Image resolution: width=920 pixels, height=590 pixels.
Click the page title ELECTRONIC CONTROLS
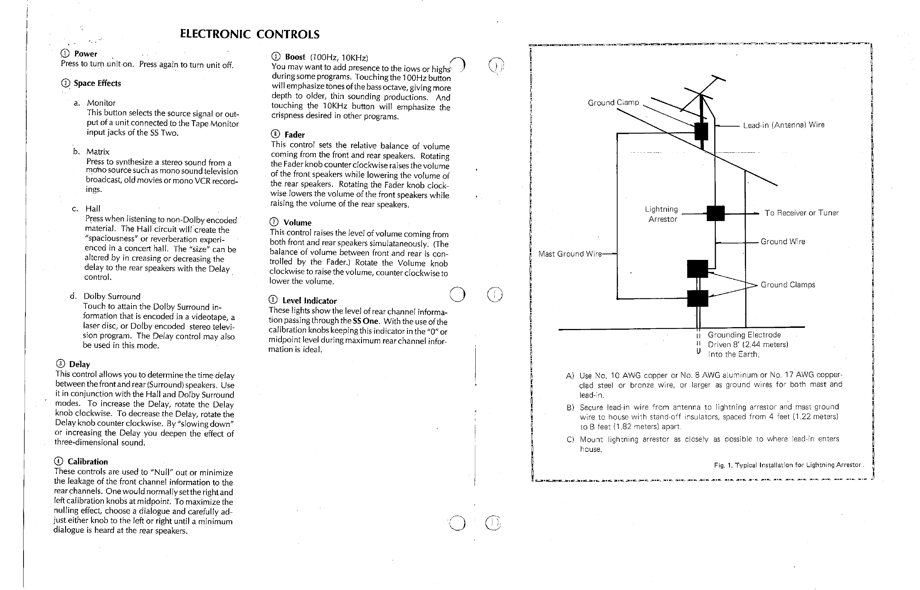pyautogui.click(x=250, y=34)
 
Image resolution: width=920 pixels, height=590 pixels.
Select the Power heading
pyautogui.click(x=86, y=54)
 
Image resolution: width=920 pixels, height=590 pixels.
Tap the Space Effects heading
pyautogui.click(x=97, y=84)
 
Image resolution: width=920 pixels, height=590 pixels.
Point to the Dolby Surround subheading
pyautogui.click(x=112, y=296)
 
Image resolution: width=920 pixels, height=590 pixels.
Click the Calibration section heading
pyautogui.click(x=88, y=462)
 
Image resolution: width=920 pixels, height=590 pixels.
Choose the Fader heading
pyautogui.click(x=295, y=135)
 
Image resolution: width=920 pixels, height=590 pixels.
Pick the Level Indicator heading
pyautogui.click(x=310, y=301)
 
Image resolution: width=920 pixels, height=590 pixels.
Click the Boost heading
pyautogui.click(x=295, y=58)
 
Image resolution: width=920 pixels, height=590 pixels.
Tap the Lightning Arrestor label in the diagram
pyautogui.click(x=662, y=214)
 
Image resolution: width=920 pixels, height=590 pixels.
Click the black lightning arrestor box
pyautogui.click(x=715, y=213)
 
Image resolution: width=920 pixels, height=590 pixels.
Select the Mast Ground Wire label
pyautogui.click(x=570, y=254)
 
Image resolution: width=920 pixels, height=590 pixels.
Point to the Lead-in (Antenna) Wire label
pyautogui.click(x=784, y=125)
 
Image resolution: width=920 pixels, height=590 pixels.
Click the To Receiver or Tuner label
pyautogui.click(x=801, y=213)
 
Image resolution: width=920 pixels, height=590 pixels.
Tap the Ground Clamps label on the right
pyautogui.click(x=787, y=285)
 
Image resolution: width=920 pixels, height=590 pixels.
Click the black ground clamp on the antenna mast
pyautogui.click(x=701, y=131)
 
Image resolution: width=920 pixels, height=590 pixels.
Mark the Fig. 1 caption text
pyautogui.click(x=787, y=465)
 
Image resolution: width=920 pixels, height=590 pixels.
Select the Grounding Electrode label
pyautogui.click(x=744, y=335)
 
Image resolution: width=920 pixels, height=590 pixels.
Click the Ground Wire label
pyautogui.click(x=783, y=242)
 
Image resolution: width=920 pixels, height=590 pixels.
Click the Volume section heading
pyautogui.click(x=297, y=223)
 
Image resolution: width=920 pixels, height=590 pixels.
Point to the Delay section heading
pyautogui.click(x=79, y=364)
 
